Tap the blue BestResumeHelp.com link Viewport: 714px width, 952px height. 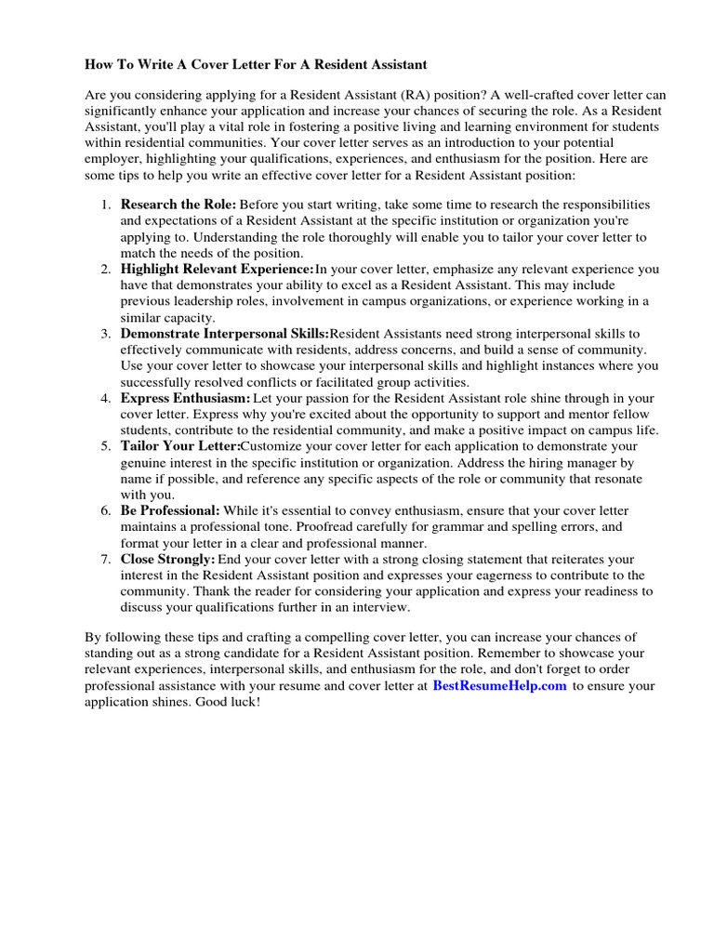point(499,686)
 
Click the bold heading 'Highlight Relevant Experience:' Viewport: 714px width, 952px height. point(217,269)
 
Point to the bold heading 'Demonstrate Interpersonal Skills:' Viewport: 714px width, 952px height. point(224,334)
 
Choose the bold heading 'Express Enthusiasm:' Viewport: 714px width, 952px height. point(185,399)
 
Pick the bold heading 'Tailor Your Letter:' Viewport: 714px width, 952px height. point(180,446)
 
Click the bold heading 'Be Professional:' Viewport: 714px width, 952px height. point(170,510)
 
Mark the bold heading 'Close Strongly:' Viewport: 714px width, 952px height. point(167,559)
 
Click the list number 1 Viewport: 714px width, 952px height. point(106,204)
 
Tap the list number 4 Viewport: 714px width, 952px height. point(106,399)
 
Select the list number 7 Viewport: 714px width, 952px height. point(106,559)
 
